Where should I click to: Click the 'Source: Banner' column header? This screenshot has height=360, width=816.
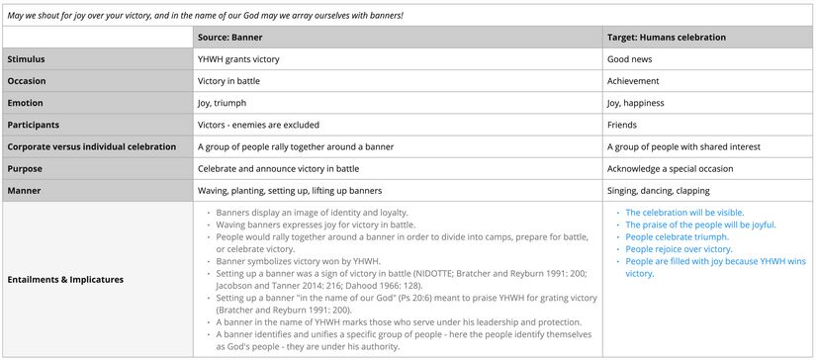coord(229,38)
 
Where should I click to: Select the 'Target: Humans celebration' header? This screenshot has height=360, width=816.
coord(666,38)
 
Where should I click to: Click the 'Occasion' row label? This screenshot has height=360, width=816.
coord(27,81)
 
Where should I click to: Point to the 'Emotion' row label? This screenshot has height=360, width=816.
coord(26,103)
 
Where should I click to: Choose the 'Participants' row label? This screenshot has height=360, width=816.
coord(34,125)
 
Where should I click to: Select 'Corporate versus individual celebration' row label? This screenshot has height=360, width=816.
coord(91,146)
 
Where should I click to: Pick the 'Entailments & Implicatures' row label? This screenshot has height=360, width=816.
coord(65,279)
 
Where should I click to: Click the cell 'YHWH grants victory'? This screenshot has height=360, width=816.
coord(238,59)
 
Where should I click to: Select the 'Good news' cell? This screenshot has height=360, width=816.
coord(628,59)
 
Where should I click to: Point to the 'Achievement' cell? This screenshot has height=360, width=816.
coord(634,81)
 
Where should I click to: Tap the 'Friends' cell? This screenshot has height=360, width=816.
coord(622,125)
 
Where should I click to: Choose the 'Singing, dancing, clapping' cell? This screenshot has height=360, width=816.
coord(658,190)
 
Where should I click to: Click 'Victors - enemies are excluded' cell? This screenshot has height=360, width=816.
coord(258,125)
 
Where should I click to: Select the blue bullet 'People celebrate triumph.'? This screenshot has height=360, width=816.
coord(677,237)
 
